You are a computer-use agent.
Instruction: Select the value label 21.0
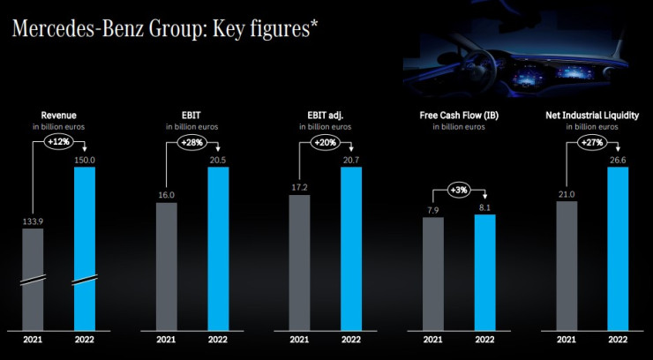click(567, 193)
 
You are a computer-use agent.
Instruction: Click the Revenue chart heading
click(58, 115)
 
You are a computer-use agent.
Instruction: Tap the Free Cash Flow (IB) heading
click(458, 115)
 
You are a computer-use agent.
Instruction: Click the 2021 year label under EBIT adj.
click(299, 340)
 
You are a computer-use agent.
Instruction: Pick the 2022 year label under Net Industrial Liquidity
click(617, 340)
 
